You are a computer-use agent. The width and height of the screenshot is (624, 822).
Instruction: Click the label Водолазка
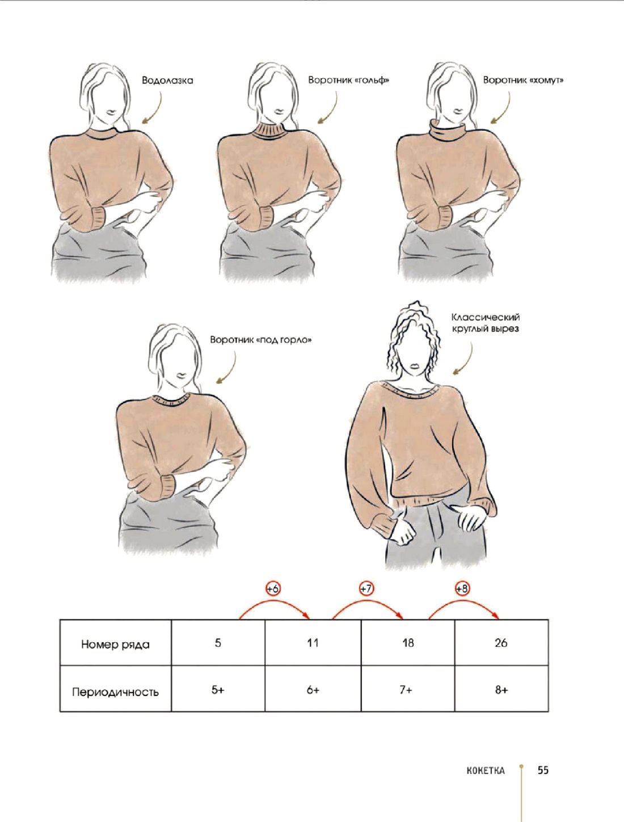tap(167, 81)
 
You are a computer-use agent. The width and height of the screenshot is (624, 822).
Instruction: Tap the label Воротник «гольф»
tap(348, 80)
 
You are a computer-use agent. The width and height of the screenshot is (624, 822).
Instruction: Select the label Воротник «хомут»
tap(523, 80)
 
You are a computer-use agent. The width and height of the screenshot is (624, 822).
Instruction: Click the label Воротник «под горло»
tap(261, 340)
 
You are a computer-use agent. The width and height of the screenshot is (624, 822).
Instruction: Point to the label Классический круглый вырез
tap(485, 323)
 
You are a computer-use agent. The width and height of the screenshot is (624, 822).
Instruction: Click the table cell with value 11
tap(313, 643)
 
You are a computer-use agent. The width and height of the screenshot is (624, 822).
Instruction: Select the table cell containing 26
tap(501, 643)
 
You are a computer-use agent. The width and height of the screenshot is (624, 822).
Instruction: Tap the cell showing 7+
tap(408, 690)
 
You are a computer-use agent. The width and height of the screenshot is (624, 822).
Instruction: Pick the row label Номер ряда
tap(115, 644)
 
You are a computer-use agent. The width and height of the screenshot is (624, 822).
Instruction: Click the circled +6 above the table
tap(273, 589)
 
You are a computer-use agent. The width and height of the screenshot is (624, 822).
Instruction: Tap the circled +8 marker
tap(462, 589)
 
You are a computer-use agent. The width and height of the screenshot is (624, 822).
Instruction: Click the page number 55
tap(543, 768)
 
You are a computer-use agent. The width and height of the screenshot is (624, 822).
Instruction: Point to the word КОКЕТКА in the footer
tap(486, 768)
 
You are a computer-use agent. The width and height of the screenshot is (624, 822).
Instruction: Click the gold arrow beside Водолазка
tap(154, 107)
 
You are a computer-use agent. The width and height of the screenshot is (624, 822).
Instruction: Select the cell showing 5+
tap(218, 690)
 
